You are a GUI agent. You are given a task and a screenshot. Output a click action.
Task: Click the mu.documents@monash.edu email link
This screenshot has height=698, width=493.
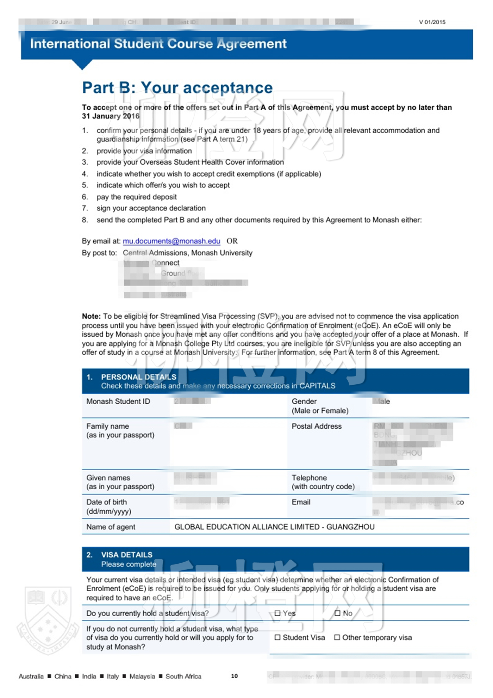coord(171,241)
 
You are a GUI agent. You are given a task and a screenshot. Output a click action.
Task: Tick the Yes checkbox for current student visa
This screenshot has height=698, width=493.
coord(277,613)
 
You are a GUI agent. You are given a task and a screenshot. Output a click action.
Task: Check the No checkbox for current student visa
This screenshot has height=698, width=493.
coord(337,613)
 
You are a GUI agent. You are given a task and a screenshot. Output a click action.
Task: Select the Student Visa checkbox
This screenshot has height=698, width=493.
coord(277,637)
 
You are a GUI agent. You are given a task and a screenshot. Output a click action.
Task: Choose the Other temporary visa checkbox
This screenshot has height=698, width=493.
coord(337,637)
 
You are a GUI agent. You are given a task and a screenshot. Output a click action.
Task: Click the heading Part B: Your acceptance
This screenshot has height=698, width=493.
coord(177,87)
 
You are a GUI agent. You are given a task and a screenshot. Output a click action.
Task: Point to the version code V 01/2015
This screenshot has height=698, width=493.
coord(432,22)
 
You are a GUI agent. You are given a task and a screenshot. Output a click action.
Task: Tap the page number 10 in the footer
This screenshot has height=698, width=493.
coord(234,676)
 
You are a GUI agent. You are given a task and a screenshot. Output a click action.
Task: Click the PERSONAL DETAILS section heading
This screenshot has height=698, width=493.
coord(138,377)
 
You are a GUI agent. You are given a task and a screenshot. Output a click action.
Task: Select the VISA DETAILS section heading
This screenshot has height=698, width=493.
coord(126,555)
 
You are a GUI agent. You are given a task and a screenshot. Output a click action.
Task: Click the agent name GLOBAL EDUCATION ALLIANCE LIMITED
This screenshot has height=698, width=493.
coord(246,527)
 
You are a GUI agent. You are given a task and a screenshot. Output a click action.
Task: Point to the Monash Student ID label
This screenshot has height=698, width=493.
coord(118,401)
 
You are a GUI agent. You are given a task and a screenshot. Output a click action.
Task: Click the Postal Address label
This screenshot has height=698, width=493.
coord(316,426)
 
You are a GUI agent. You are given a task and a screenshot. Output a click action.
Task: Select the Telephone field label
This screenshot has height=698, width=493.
coord(309,478)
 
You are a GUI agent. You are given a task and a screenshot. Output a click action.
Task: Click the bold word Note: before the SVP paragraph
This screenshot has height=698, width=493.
coord(91,316)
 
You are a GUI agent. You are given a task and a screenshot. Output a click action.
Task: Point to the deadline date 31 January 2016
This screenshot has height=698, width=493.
coord(111,116)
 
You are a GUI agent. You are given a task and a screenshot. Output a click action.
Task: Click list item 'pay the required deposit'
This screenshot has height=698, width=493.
coord(137,197)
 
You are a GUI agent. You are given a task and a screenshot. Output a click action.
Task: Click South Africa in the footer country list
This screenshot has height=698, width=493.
coord(183,676)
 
